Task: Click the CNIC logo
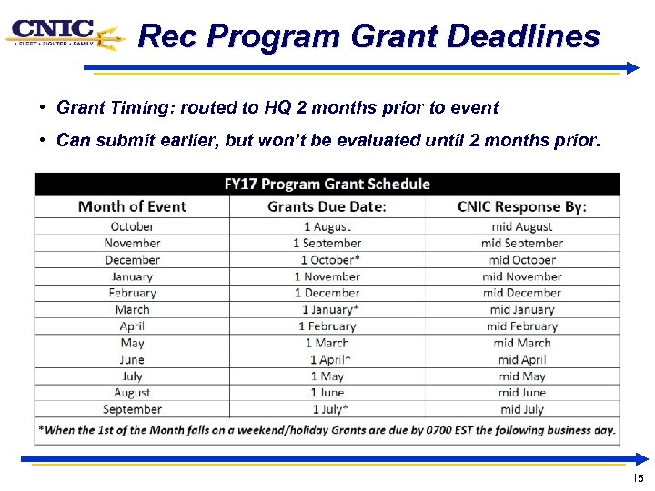64,35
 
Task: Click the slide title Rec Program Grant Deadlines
368,37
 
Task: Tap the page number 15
638,478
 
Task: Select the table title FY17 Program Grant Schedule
327,184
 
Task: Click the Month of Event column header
132,206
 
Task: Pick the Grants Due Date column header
327,206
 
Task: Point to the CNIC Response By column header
521,206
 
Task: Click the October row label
132,226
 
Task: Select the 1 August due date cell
327,226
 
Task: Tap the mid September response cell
521,243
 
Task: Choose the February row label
132,293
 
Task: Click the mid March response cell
521,343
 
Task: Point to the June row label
132,360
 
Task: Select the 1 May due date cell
327,376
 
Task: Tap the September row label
132,409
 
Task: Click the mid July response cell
521,409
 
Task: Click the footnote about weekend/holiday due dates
327,430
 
